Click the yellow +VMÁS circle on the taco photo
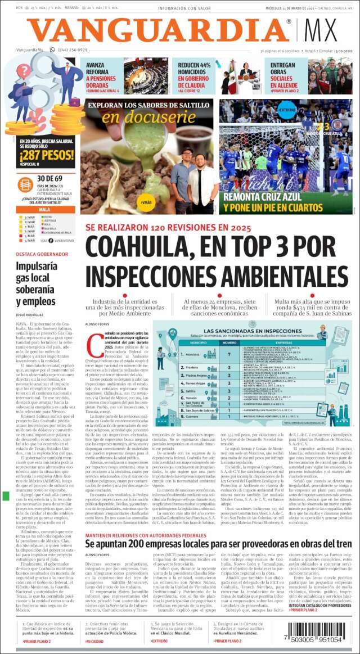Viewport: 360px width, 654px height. coord(146,202)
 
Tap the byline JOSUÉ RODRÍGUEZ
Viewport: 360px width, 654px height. coord(31,315)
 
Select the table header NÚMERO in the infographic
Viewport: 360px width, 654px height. coord(229,342)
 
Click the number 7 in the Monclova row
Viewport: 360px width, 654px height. coord(229,355)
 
